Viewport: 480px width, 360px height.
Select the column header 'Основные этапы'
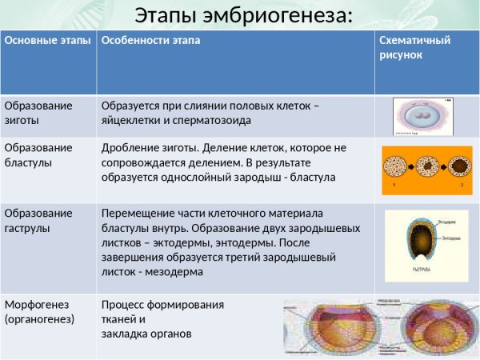[x=47, y=40]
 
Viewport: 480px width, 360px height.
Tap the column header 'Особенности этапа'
[x=150, y=40]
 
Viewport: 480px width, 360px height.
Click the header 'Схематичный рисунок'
[x=414, y=48]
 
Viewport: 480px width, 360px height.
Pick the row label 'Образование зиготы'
[x=38, y=113]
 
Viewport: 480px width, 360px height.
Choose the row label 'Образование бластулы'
[x=38, y=155]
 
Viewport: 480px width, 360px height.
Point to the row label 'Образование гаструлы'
[x=38, y=221]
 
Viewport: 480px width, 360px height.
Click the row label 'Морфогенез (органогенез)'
[x=40, y=312]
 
